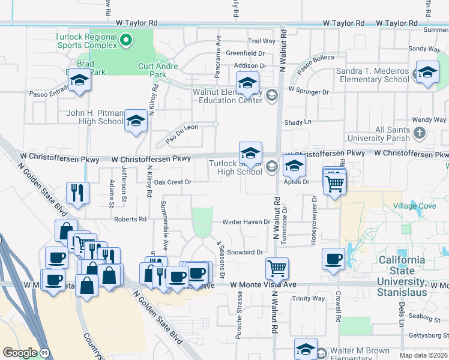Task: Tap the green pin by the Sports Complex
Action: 126,41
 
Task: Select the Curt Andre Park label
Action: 158,70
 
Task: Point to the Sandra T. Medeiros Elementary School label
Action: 372,75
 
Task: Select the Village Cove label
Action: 414,206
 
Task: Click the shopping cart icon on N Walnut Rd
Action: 277,268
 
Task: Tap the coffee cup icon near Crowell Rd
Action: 333,259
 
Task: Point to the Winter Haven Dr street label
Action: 246,222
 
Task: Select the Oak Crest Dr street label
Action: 172,182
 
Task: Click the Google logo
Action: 20,353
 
